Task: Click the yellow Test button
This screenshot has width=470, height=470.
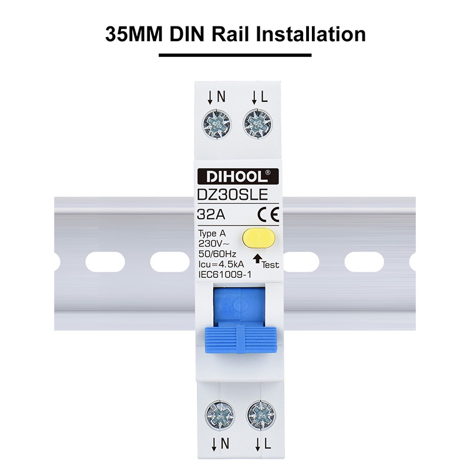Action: (258, 238)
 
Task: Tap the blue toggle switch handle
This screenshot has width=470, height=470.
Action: (241, 340)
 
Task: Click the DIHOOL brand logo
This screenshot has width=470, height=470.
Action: (238, 177)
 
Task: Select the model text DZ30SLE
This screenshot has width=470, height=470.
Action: (232, 194)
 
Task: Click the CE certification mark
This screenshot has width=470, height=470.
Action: (268, 214)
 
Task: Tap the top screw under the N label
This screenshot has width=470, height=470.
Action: (216, 124)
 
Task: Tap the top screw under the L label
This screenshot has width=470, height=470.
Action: (257, 124)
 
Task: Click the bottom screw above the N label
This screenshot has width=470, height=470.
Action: (220, 415)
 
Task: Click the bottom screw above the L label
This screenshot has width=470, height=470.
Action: (261, 415)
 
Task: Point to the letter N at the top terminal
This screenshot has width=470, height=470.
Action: (221, 97)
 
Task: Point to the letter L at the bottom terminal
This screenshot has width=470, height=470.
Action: (268, 444)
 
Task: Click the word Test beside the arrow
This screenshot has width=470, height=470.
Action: (270, 265)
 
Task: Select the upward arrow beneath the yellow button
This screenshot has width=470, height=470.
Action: (257, 258)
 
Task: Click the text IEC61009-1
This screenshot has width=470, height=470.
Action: (225, 274)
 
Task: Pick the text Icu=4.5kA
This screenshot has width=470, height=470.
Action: (221, 264)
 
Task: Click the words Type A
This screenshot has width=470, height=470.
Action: (212, 233)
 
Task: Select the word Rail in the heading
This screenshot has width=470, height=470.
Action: (230, 34)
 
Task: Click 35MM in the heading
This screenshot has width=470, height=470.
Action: (134, 34)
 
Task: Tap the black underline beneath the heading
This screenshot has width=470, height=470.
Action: (235, 55)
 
